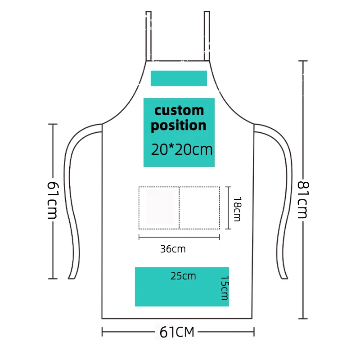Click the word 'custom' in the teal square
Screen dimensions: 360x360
click(x=179, y=110)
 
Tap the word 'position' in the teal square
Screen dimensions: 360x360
click(x=179, y=126)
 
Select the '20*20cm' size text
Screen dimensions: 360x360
click(x=182, y=150)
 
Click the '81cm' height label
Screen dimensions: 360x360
click(x=302, y=199)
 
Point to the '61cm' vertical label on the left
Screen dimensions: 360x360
click(x=53, y=200)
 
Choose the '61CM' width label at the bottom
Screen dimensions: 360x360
click(x=177, y=333)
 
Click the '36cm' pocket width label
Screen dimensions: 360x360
click(x=173, y=249)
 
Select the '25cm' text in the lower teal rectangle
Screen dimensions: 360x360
click(x=183, y=276)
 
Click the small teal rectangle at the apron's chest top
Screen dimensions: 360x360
click(x=179, y=78)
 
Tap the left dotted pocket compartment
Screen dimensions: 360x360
click(x=159, y=207)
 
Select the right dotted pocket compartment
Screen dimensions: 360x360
click(x=199, y=207)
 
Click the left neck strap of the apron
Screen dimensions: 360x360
click(x=148, y=36)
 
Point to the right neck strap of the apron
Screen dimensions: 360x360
click(x=207, y=36)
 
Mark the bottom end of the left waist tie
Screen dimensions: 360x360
click(x=71, y=276)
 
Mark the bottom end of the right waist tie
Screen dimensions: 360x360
click(x=283, y=276)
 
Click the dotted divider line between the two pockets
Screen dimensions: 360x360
click(x=179, y=207)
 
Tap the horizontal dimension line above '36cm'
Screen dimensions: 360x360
click(x=179, y=237)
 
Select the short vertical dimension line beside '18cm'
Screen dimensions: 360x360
click(x=229, y=207)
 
